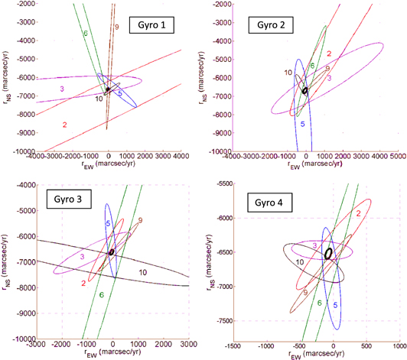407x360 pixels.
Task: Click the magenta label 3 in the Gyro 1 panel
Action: pyautogui.click(x=61, y=89)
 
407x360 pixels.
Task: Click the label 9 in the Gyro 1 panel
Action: pyautogui.click(x=116, y=28)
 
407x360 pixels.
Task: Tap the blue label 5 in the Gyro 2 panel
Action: pyautogui.click(x=302, y=124)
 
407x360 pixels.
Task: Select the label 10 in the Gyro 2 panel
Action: pyautogui.click(x=287, y=72)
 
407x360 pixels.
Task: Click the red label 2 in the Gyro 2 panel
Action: pyautogui.click(x=328, y=53)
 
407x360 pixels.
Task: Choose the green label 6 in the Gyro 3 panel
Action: pyautogui.click(x=101, y=294)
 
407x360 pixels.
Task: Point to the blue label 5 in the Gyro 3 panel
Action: pyautogui.click(x=108, y=222)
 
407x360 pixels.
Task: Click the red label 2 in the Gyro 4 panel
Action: pyautogui.click(x=358, y=217)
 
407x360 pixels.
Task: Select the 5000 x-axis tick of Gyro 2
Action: pyautogui.click(x=396, y=157)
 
